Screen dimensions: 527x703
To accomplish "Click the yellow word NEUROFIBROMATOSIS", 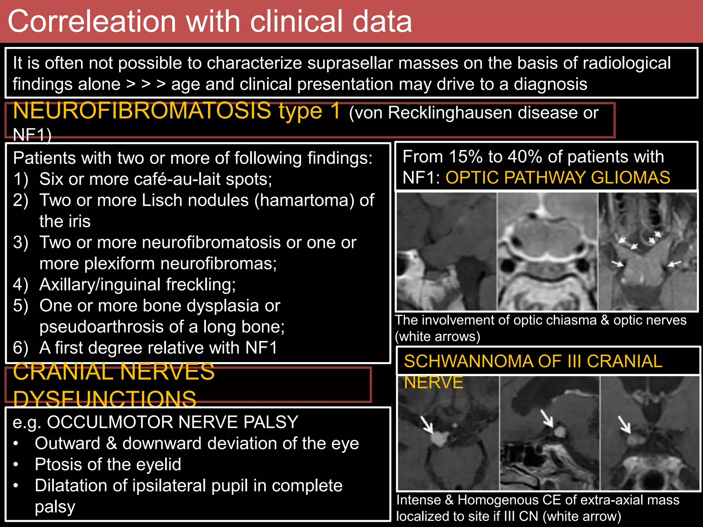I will coord(142,111).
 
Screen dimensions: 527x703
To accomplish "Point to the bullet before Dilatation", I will coord(16,486).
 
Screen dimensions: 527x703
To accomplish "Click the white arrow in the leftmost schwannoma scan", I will coord(428,425).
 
